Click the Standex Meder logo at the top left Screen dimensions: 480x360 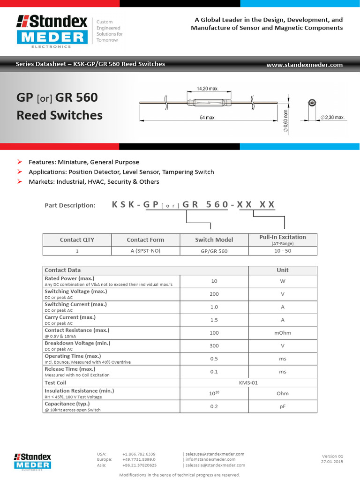tap(52, 31)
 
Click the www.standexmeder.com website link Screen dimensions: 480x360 tap(304, 65)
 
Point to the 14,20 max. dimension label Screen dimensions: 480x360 tap(207, 89)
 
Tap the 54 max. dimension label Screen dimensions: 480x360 tap(207, 118)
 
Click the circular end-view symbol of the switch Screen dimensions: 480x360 tap(311, 104)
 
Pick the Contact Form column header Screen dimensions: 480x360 tap(145, 240)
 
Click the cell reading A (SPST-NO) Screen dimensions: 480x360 tap(145, 251)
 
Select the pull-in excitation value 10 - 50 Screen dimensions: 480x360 tap(282, 251)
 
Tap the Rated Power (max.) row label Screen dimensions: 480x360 tap(69, 278)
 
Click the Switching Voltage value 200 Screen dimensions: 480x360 tap(214, 294)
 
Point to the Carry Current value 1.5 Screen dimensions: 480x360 tap(214, 320)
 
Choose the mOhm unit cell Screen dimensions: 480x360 tap(282, 333)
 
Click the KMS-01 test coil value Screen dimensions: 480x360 tap(248, 382)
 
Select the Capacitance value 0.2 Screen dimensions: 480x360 tap(214, 406)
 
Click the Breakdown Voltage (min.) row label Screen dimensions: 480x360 tap(77, 343)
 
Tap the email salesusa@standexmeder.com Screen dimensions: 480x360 tap(215, 454)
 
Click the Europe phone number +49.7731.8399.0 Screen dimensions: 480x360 tap(139, 459)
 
